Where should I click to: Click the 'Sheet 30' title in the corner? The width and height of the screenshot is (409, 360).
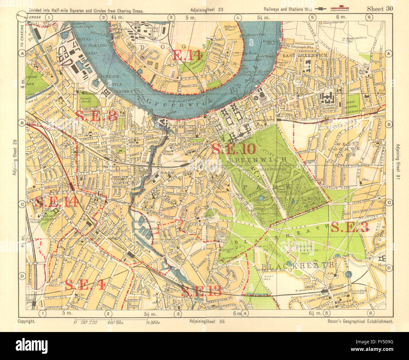(x=380, y=9)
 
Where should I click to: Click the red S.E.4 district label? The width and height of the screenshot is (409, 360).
(x=85, y=285)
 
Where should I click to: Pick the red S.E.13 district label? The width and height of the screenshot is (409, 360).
(x=201, y=291)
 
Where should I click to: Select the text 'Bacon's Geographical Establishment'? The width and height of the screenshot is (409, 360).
(x=360, y=321)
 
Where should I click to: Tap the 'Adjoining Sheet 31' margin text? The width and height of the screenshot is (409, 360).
(x=398, y=161)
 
